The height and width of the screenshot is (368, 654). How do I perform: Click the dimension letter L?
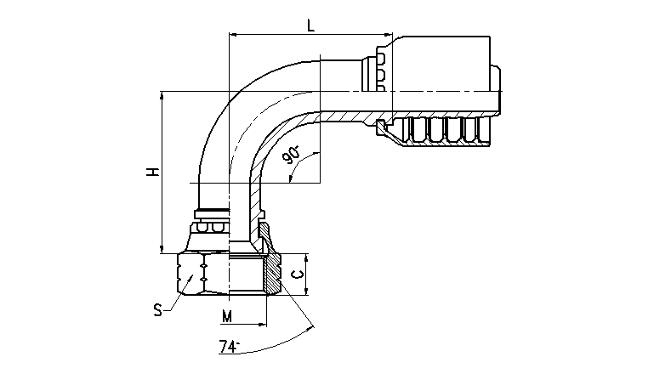coord(310,25)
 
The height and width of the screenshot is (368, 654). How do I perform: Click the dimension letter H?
coord(153,172)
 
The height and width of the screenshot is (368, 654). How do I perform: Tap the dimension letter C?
coord(297,275)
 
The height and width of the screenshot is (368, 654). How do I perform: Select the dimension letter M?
coord(227,317)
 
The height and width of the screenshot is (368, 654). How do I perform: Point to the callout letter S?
coord(157,310)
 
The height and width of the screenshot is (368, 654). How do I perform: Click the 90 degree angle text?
coord(291,155)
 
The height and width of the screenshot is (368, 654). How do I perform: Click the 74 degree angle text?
coord(229,347)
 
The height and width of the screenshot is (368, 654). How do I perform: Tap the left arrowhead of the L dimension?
coord(233,35)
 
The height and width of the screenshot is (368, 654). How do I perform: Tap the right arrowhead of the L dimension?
coord(389,35)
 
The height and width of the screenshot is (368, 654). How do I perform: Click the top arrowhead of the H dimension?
coord(162,95)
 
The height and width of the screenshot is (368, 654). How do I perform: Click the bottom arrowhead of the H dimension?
coord(162,249)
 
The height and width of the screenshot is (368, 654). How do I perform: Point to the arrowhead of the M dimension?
coord(262,324)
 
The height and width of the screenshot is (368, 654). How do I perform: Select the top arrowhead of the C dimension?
coord(306,258)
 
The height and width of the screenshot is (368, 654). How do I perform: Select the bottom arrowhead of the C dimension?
coord(306,291)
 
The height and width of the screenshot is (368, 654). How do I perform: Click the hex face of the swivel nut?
coord(191,275)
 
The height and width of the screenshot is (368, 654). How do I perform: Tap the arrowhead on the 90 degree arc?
coord(290,178)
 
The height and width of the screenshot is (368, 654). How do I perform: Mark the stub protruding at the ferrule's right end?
coord(496,90)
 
